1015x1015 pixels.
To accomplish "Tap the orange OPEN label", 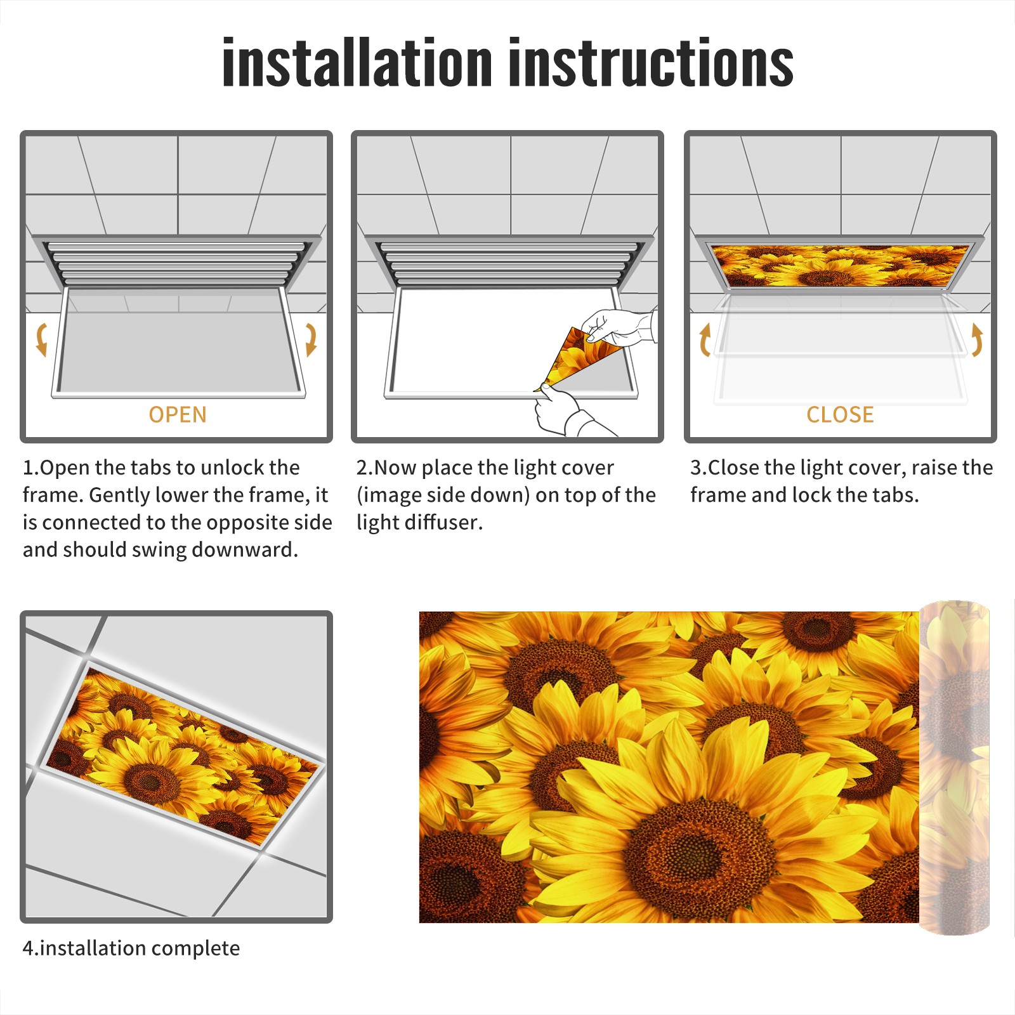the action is point(178,415).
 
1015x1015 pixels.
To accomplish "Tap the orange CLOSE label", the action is point(840,415).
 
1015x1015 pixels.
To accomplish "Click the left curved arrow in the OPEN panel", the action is point(42,339).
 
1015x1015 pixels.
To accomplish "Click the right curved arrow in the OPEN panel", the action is point(311,339).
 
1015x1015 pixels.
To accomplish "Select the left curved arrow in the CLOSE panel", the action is point(705,339).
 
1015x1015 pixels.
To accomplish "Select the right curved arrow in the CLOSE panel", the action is point(977,339).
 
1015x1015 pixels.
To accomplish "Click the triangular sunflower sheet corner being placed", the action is point(574,357).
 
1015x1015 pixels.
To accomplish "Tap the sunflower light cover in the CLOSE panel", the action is point(840,265).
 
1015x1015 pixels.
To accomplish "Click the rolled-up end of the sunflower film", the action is point(954,768).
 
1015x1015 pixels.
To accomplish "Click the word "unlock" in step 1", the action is point(235,468).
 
